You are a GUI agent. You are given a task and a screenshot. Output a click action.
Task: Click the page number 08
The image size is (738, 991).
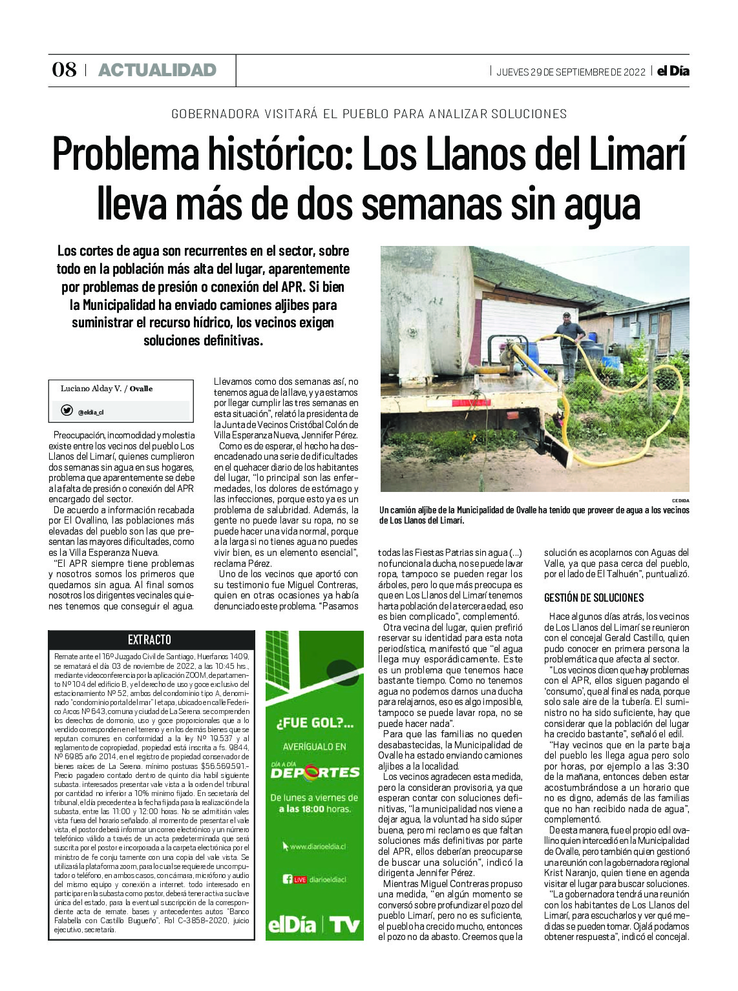tap(64, 70)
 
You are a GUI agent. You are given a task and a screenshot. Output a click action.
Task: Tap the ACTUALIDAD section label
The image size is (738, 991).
tap(157, 70)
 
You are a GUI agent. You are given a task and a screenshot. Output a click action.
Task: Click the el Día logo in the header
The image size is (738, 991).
tap(673, 71)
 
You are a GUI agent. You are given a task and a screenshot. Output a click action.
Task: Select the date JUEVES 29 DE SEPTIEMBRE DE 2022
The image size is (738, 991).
tap(571, 72)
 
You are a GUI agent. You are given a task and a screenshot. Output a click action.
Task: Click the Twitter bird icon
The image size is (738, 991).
tap(67, 411)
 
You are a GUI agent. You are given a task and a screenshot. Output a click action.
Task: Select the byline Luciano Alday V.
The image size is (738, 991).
tap(91, 389)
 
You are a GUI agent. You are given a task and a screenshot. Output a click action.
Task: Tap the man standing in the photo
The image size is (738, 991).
tap(569, 342)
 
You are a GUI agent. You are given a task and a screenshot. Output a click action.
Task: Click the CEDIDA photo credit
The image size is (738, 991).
tap(680, 500)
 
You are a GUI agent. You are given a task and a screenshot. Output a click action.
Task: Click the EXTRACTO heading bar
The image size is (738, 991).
tap(149, 639)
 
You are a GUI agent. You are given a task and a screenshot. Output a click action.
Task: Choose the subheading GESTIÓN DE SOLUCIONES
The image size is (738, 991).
tap(594, 598)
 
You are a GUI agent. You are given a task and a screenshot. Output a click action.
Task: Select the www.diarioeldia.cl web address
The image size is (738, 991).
tap(317, 846)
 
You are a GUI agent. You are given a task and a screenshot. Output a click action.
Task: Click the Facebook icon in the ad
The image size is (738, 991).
tap(288, 879)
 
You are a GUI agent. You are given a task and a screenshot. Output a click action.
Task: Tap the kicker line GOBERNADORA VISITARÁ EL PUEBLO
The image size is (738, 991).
tap(369, 114)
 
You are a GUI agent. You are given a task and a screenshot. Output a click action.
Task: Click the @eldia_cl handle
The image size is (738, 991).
tap(90, 412)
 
